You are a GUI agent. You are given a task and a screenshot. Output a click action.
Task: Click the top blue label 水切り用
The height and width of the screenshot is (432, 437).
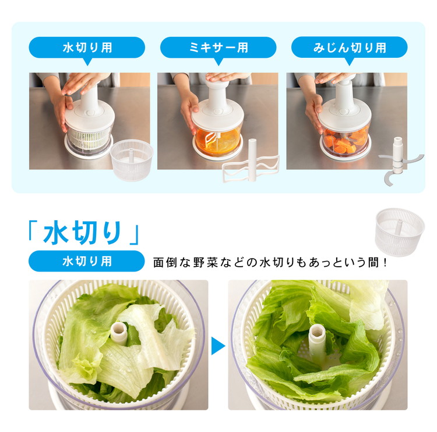(x=87, y=48)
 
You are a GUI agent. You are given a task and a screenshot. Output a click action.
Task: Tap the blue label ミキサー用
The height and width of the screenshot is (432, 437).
(x=218, y=48)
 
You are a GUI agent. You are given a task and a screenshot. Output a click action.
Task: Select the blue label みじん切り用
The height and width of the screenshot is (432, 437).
(x=349, y=48)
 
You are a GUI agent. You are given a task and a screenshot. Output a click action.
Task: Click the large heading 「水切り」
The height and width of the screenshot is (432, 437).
(x=83, y=232)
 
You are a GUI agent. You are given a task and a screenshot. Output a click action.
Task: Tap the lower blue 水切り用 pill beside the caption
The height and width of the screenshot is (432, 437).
(x=87, y=261)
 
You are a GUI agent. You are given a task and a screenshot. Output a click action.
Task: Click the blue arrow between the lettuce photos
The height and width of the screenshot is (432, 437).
(x=218, y=346)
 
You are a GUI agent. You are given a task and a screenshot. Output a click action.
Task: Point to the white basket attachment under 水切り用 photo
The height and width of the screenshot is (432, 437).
(x=132, y=160)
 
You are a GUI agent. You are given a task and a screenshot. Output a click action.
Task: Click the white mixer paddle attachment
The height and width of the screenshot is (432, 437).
(x=251, y=162)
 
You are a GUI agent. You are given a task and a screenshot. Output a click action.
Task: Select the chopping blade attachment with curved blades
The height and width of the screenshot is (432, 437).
(x=399, y=161)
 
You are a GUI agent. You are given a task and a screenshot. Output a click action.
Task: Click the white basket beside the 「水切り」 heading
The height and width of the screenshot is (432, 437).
(x=400, y=232)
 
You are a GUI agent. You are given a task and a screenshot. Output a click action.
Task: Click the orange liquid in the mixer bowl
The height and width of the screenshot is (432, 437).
(x=218, y=142)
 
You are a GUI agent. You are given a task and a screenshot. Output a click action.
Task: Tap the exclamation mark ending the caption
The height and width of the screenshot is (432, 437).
(x=385, y=263)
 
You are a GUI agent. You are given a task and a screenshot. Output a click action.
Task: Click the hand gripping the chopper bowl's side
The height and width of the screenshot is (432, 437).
(x=313, y=112)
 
